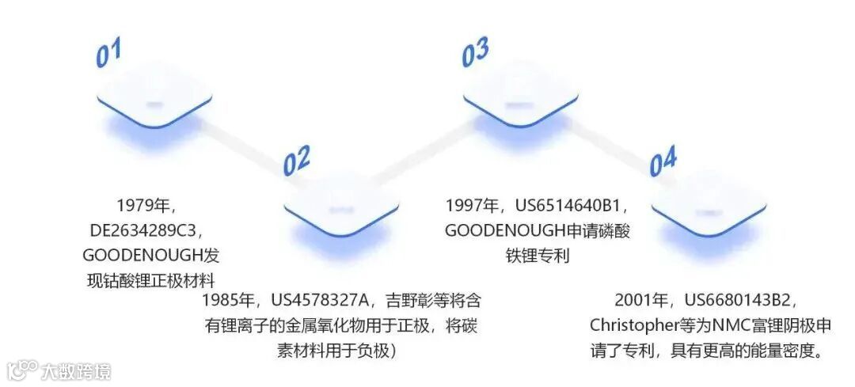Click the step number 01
pyautogui.click(x=108, y=53)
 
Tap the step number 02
pyautogui.click(x=297, y=161)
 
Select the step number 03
pyautogui.click(x=475, y=54)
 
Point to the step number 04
pyautogui.click(x=663, y=163)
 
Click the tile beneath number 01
pyautogui.click(x=154, y=102)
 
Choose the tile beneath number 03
pyautogui.click(x=520, y=102)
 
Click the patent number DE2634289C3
pyautogui.click(x=147, y=231)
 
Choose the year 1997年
pyautogui.click(x=473, y=206)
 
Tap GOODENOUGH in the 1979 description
pyautogui.click(x=137, y=256)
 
